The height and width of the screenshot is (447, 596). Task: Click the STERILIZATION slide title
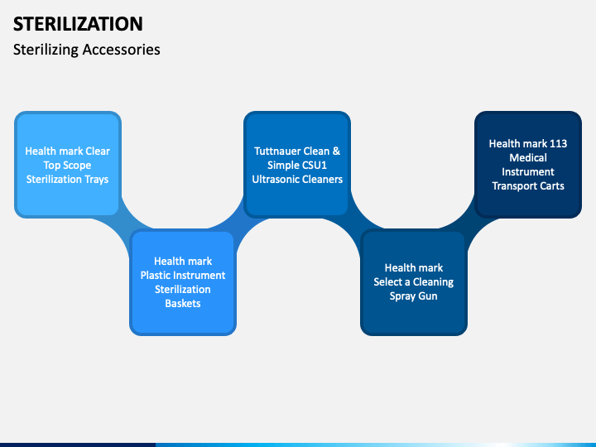tap(78, 23)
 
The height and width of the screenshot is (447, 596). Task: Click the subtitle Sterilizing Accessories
tap(87, 50)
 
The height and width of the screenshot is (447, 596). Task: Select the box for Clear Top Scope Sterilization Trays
tap(68, 165)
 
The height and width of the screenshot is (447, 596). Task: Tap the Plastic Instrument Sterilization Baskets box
tap(183, 282)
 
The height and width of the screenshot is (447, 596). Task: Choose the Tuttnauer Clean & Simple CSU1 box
tap(297, 165)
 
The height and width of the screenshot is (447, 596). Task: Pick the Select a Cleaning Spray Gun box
tap(413, 282)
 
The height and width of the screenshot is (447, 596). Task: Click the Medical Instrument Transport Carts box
tap(528, 165)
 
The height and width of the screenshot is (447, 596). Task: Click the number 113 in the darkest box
tap(558, 144)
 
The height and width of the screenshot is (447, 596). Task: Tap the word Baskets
tap(183, 304)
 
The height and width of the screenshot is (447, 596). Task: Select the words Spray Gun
tap(413, 296)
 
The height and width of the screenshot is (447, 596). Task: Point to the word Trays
tap(95, 180)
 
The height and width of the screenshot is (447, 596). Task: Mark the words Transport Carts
tap(528, 186)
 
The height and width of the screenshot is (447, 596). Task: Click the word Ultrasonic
tap(278, 180)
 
